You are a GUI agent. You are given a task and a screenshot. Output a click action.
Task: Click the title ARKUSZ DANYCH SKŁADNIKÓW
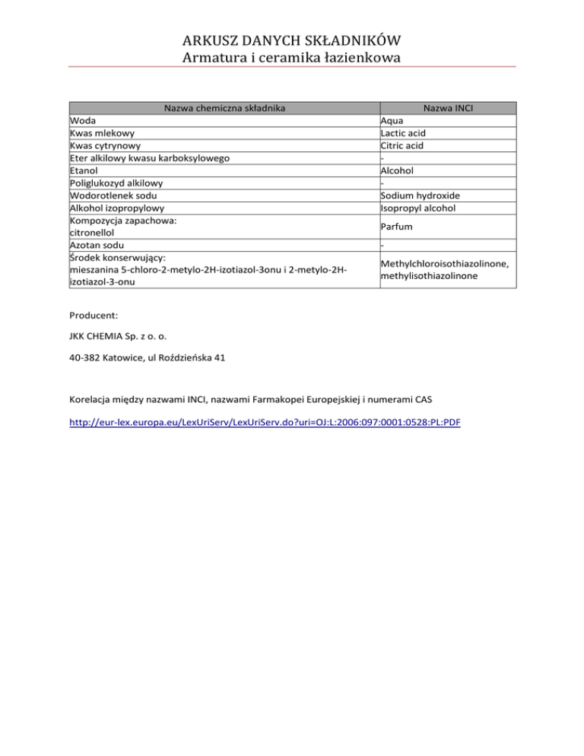292,40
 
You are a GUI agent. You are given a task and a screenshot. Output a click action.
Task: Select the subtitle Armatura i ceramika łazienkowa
292,57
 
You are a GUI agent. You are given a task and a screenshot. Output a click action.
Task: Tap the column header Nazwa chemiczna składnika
223,108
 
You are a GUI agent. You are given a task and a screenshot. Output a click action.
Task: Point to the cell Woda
81,121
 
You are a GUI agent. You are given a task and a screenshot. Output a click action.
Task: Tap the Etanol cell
84,170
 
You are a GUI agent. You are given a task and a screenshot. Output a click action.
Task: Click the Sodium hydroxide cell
421,195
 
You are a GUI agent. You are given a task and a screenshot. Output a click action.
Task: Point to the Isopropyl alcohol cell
420,208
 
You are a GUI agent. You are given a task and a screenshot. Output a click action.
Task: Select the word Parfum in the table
398,227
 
